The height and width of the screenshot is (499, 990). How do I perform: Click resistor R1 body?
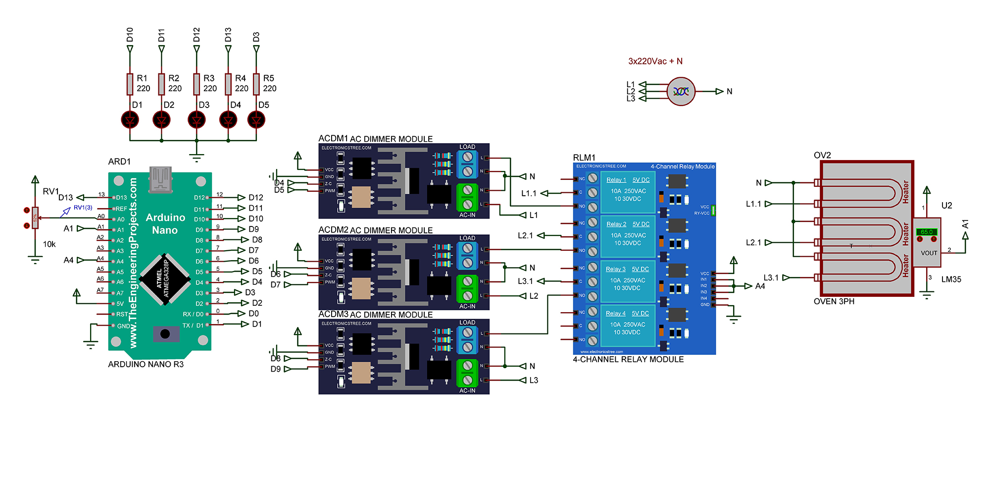130,84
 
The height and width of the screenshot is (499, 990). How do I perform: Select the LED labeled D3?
197,120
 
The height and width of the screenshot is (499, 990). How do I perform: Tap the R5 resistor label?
268,78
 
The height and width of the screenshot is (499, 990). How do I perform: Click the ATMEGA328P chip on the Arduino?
165,279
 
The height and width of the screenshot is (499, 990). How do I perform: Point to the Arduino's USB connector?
160,179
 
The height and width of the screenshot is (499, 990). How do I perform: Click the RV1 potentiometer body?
35,218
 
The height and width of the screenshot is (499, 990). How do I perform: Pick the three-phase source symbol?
681,91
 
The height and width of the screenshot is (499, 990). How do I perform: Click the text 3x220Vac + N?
655,61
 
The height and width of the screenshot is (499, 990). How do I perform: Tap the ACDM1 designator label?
333,138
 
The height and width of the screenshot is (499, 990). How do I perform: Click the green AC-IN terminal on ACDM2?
467,288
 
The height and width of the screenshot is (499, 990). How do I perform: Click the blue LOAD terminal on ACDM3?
467,339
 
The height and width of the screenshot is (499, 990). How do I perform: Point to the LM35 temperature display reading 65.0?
926,232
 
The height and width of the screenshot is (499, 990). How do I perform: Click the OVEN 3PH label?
834,301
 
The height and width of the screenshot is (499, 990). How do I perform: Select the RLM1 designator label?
584,158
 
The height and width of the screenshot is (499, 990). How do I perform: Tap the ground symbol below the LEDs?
197,158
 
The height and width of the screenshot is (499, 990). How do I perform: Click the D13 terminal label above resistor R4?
228,35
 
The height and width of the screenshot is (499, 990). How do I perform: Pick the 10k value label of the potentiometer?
49,244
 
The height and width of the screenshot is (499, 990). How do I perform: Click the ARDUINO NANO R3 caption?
146,364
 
